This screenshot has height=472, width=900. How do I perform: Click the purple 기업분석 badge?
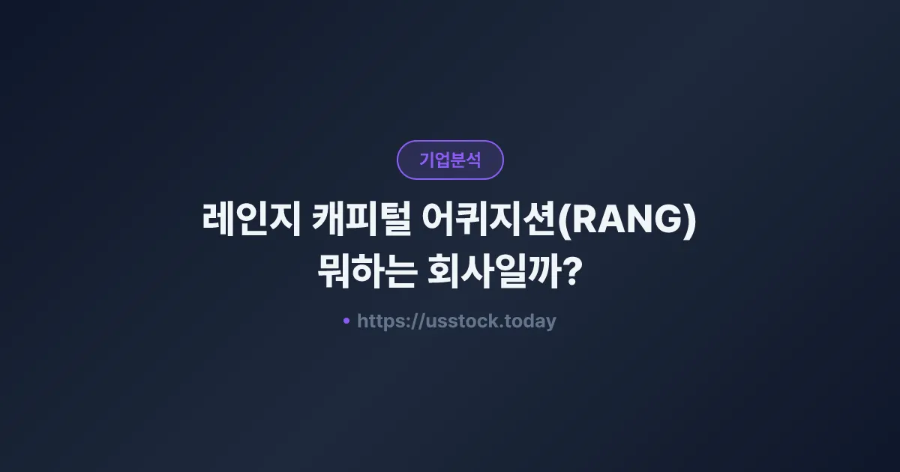(x=450, y=160)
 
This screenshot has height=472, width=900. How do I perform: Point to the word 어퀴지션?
(x=490, y=223)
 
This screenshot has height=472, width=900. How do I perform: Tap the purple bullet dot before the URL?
(x=346, y=321)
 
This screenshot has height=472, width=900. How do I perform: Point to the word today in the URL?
(x=532, y=321)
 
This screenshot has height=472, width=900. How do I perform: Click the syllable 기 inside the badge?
(x=427, y=160)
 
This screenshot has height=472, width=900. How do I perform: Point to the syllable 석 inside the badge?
(x=473, y=160)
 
